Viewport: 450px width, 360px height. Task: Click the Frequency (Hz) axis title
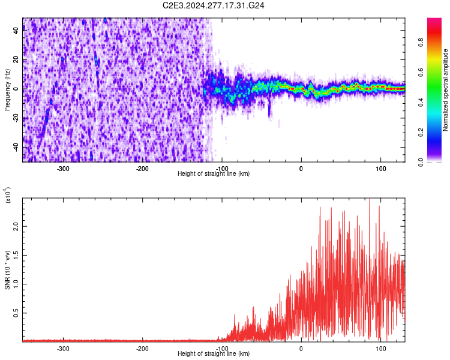click(x=8, y=90)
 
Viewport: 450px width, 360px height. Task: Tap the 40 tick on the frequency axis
click(x=16, y=31)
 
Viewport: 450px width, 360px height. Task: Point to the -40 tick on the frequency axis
click(x=15, y=148)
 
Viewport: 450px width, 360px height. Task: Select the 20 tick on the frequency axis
click(x=16, y=60)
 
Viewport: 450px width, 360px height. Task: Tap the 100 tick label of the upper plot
click(x=380, y=169)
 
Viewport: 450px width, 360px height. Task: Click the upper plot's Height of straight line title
click(x=214, y=174)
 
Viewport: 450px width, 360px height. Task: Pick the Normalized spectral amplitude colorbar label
click(x=445, y=90)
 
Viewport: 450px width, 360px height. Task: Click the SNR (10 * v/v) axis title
click(x=8, y=270)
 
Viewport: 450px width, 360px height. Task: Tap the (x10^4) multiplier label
click(x=8, y=195)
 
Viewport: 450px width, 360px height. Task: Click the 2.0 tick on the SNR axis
click(x=14, y=227)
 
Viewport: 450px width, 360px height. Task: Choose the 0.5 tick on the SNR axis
click(x=14, y=313)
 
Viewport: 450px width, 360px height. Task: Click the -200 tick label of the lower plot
click(x=142, y=348)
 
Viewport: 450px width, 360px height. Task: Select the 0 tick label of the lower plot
click(x=301, y=348)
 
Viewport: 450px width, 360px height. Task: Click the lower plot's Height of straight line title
click(x=214, y=353)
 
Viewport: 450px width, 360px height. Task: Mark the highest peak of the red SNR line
click(x=370, y=199)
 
